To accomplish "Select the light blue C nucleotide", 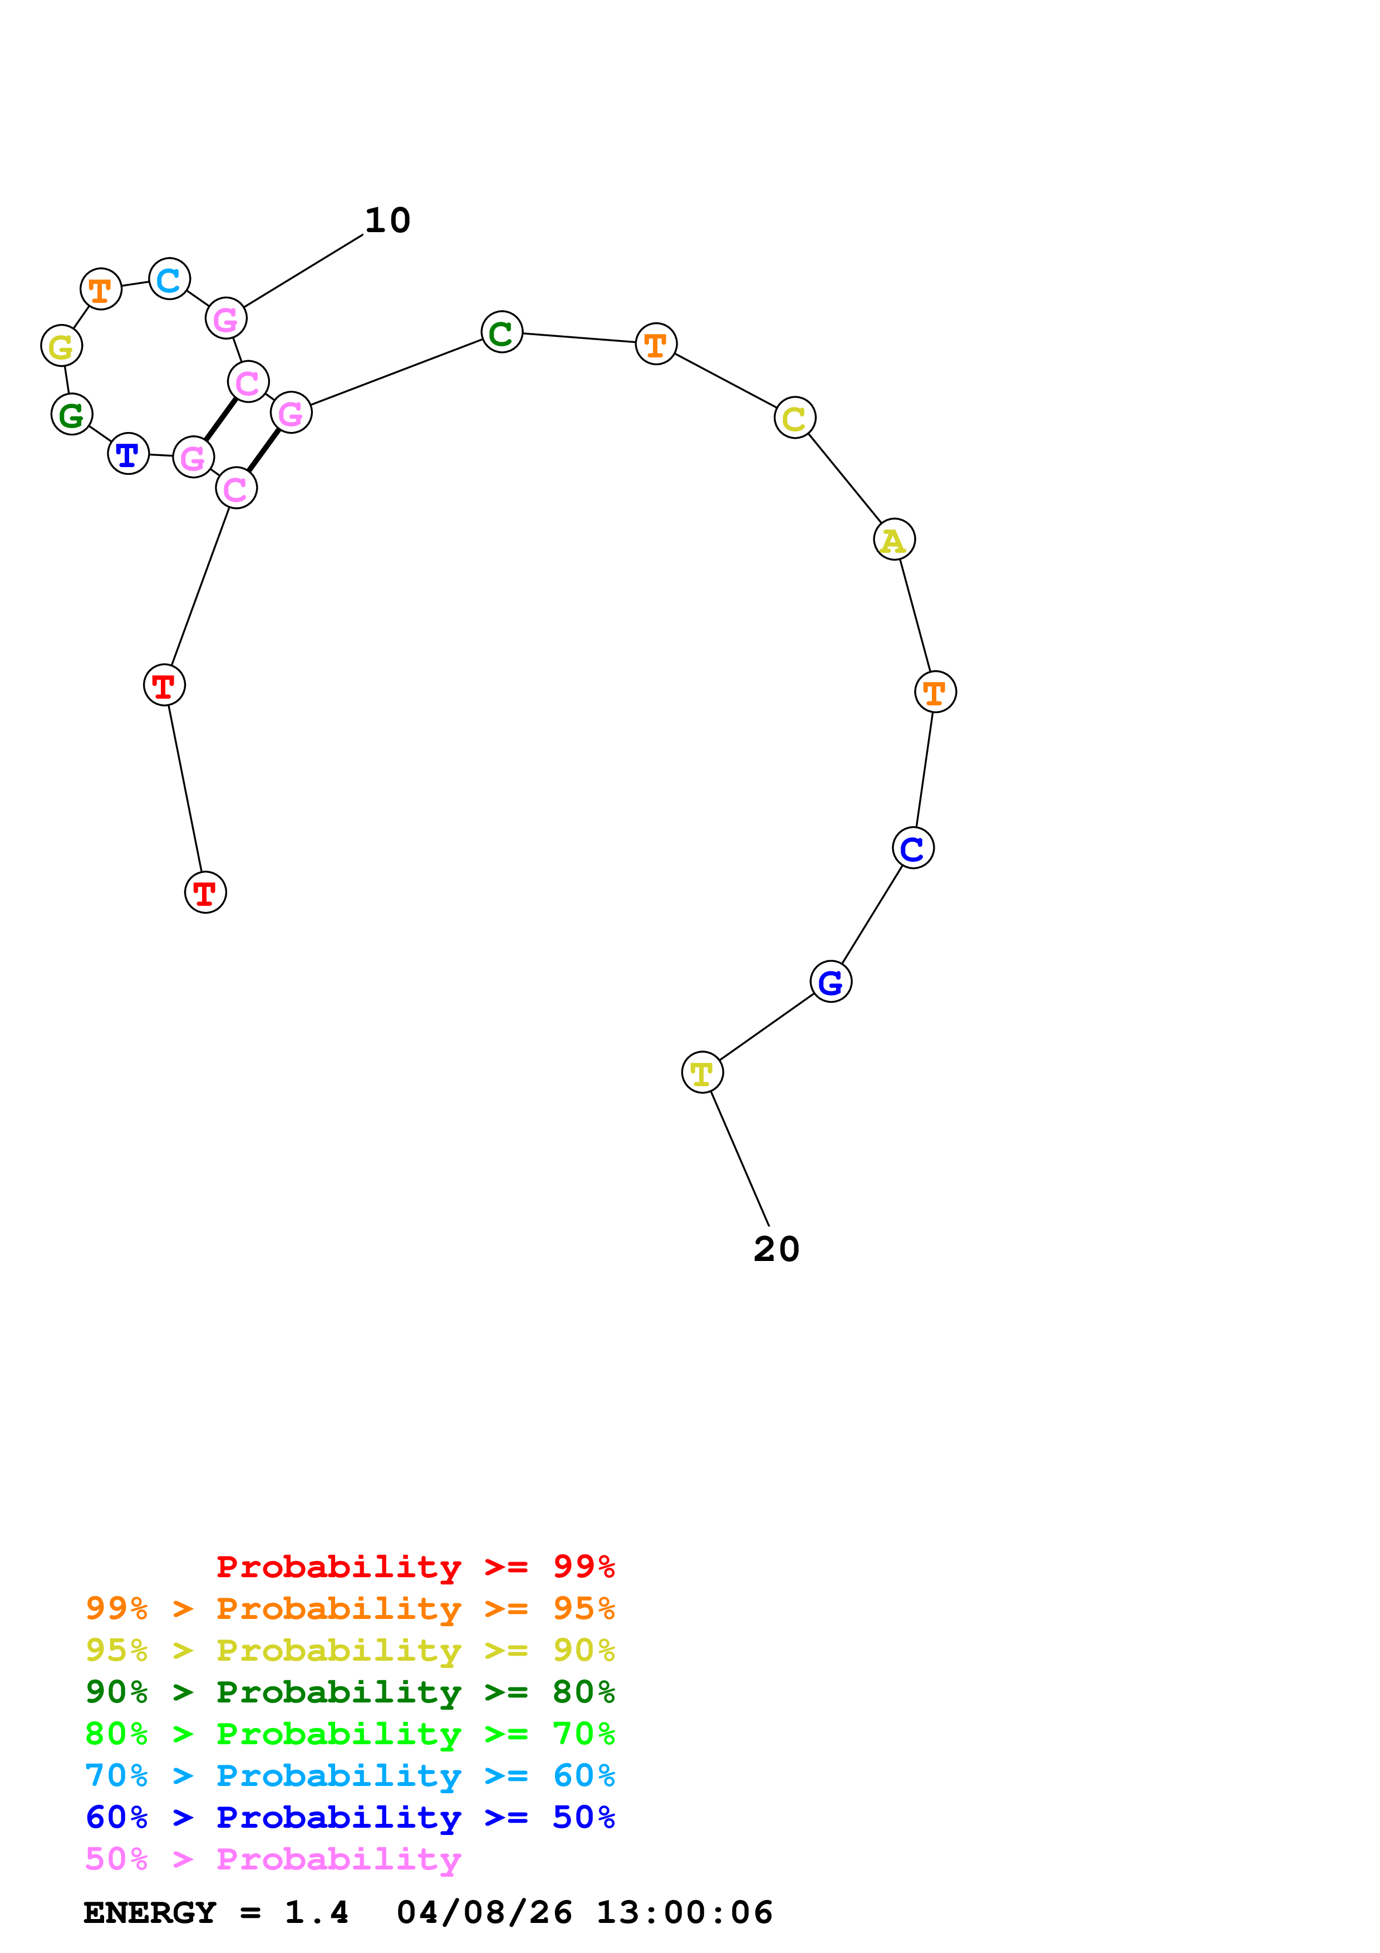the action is click(x=169, y=278).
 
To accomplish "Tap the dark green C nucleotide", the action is click(x=502, y=332).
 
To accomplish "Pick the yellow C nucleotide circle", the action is click(x=795, y=418).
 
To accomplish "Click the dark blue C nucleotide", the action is click(x=913, y=848).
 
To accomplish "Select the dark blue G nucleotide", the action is click(x=831, y=982).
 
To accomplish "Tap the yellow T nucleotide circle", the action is click(x=703, y=1073).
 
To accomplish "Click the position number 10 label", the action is click(x=388, y=220).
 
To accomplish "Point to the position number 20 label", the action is click(x=777, y=1249).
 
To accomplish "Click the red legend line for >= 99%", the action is click(x=415, y=1566).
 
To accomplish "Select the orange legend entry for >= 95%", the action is click(x=350, y=1608).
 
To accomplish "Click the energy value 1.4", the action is click(x=316, y=1912).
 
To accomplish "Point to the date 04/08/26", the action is click(x=484, y=1912).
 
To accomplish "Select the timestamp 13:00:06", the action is click(x=685, y=1912).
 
